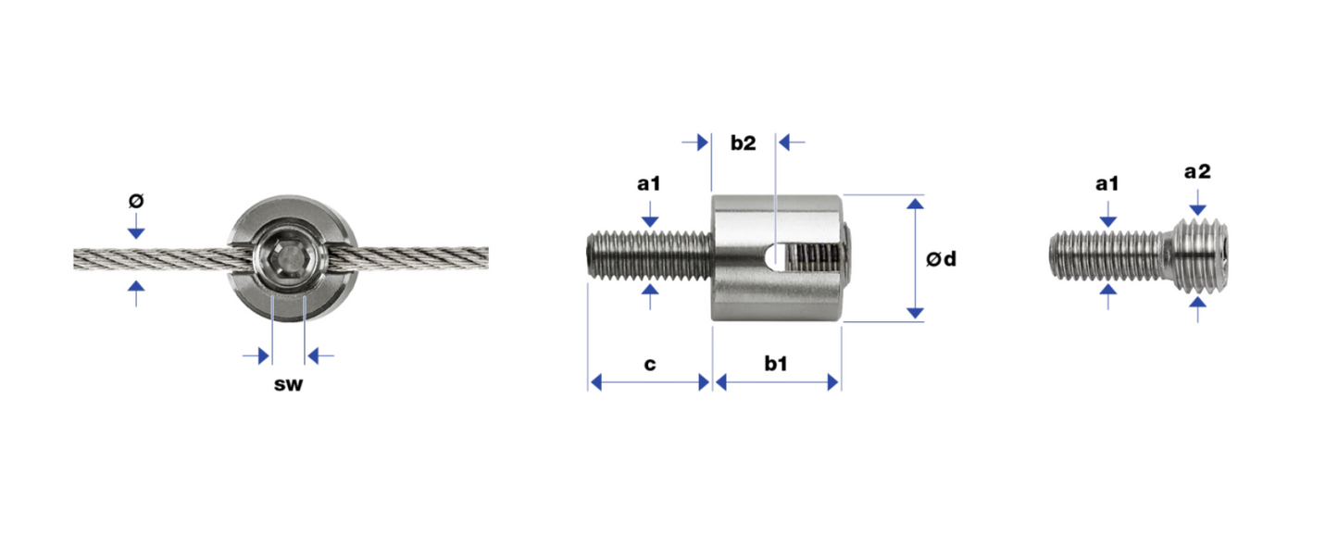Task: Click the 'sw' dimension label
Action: click(x=289, y=384)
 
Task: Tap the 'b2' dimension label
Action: click(x=743, y=143)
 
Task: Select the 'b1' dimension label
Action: click(x=776, y=363)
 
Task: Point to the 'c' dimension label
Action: click(x=650, y=365)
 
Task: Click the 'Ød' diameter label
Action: click(x=942, y=259)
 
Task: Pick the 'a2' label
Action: click(x=1197, y=172)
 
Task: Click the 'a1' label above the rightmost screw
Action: click(x=1107, y=184)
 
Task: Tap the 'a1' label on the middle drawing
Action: click(x=649, y=184)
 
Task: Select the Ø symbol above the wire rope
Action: click(x=136, y=201)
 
